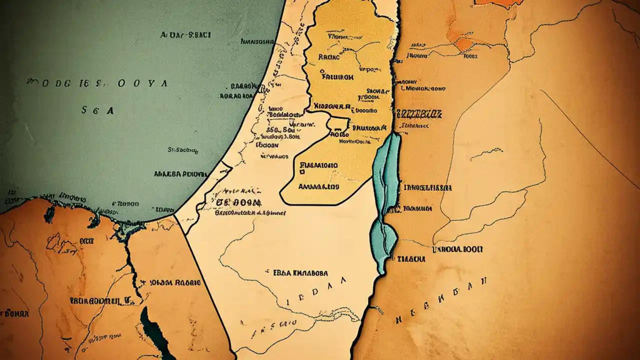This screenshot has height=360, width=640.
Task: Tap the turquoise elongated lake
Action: (x=386, y=200)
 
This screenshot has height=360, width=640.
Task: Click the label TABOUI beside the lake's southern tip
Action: (x=411, y=259)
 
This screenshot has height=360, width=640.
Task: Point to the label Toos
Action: (x=470, y=56)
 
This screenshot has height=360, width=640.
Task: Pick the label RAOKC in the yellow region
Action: (x=328, y=57)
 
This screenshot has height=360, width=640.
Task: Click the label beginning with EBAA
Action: (x=300, y=273)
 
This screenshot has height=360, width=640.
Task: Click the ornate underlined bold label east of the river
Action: (x=418, y=114)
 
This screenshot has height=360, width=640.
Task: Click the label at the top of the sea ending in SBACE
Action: (x=185, y=35)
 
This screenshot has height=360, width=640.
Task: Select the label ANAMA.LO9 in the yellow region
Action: (x=318, y=186)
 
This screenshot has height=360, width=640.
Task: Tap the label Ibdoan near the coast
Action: (x=266, y=144)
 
